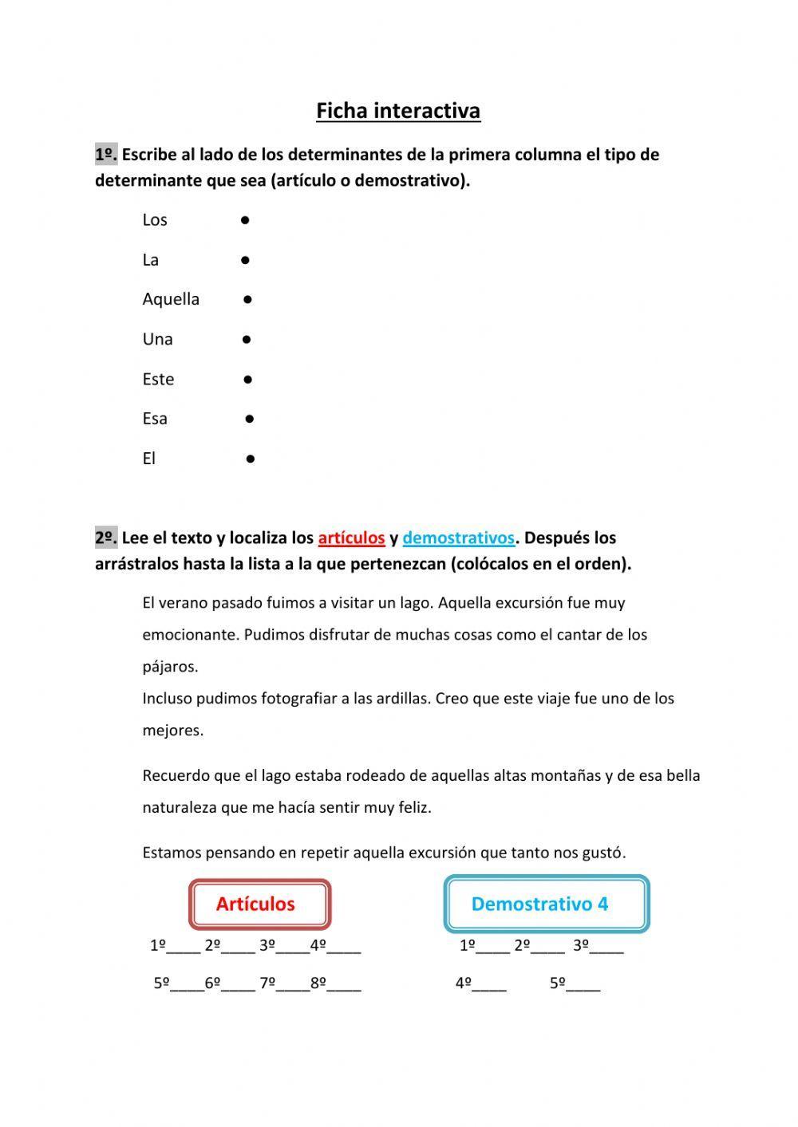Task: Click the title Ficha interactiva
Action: [398, 110]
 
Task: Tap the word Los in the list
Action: [155, 219]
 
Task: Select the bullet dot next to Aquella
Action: [248, 299]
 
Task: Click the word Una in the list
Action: [157, 339]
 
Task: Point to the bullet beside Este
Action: [248, 379]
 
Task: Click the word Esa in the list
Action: [155, 419]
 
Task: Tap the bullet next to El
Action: [251, 459]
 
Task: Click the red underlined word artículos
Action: [351, 538]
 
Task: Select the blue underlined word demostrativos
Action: [458, 538]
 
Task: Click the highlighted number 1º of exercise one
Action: [106, 154]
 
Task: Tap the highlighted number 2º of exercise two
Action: [106, 538]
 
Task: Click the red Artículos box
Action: [259, 904]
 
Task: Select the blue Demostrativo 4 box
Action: [546, 904]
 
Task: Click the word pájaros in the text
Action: [169, 667]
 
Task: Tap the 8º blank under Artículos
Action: [344, 984]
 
